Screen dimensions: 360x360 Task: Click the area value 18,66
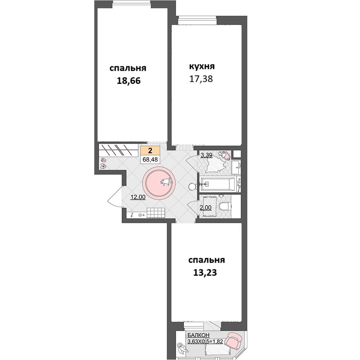click(x=129, y=81)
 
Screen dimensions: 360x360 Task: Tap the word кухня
click(x=202, y=66)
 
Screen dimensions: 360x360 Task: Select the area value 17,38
click(x=201, y=79)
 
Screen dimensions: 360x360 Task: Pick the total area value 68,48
click(x=150, y=159)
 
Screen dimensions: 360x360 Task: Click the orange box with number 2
click(x=150, y=151)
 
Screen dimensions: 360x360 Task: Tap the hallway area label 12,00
click(x=138, y=197)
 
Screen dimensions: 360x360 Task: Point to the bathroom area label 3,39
click(x=206, y=155)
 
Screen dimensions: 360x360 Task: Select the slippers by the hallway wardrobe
click(x=103, y=163)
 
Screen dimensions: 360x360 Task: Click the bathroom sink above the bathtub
click(x=236, y=165)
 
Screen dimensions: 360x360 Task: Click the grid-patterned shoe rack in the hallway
click(x=156, y=213)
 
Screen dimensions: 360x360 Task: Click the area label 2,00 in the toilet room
click(x=206, y=208)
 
